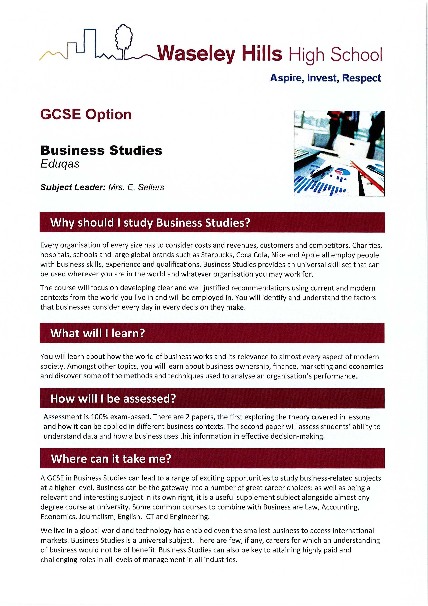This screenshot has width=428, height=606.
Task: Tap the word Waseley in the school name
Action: [x=196, y=54]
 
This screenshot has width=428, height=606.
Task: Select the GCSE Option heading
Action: [x=86, y=115]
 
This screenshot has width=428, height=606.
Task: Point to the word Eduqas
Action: [x=60, y=164]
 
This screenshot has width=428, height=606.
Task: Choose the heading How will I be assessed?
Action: [x=113, y=398]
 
